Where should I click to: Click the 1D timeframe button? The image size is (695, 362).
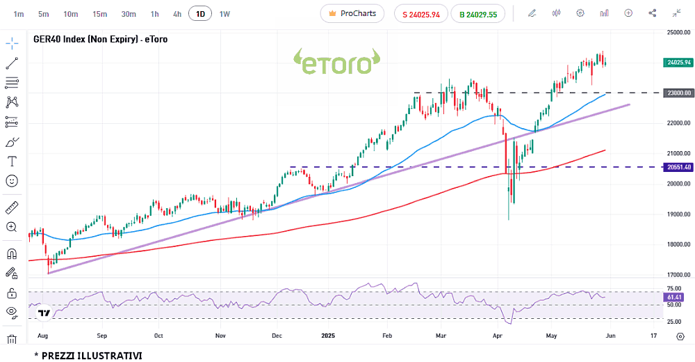pyautogui.click(x=201, y=13)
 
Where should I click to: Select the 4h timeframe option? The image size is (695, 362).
pyautogui.click(x=177, y=13)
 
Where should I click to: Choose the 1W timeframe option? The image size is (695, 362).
pyautogui.click(x=224, y=13)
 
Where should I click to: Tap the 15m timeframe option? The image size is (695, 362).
pyautogui.click(x=99, y=13)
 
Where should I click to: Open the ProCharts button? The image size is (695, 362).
pyautogui.click(x=352, y=13)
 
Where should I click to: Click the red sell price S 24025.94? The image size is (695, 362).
pyautogui.click(x=420, y=13)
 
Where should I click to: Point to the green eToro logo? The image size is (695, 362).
pyautogui.click(x=337, y=62)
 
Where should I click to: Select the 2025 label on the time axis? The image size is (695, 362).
pyautogui.click(x=329, y=335)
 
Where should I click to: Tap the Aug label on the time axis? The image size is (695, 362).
pyautogui.click(x=42, y=335)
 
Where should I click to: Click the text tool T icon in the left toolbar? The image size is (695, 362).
pyautogui.click(x=12, y=161)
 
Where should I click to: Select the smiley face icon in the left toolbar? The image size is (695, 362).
pyautogui.click(x=12, y=180)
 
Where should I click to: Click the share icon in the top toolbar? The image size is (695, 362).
pyautogui.click(x=652, y=13)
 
